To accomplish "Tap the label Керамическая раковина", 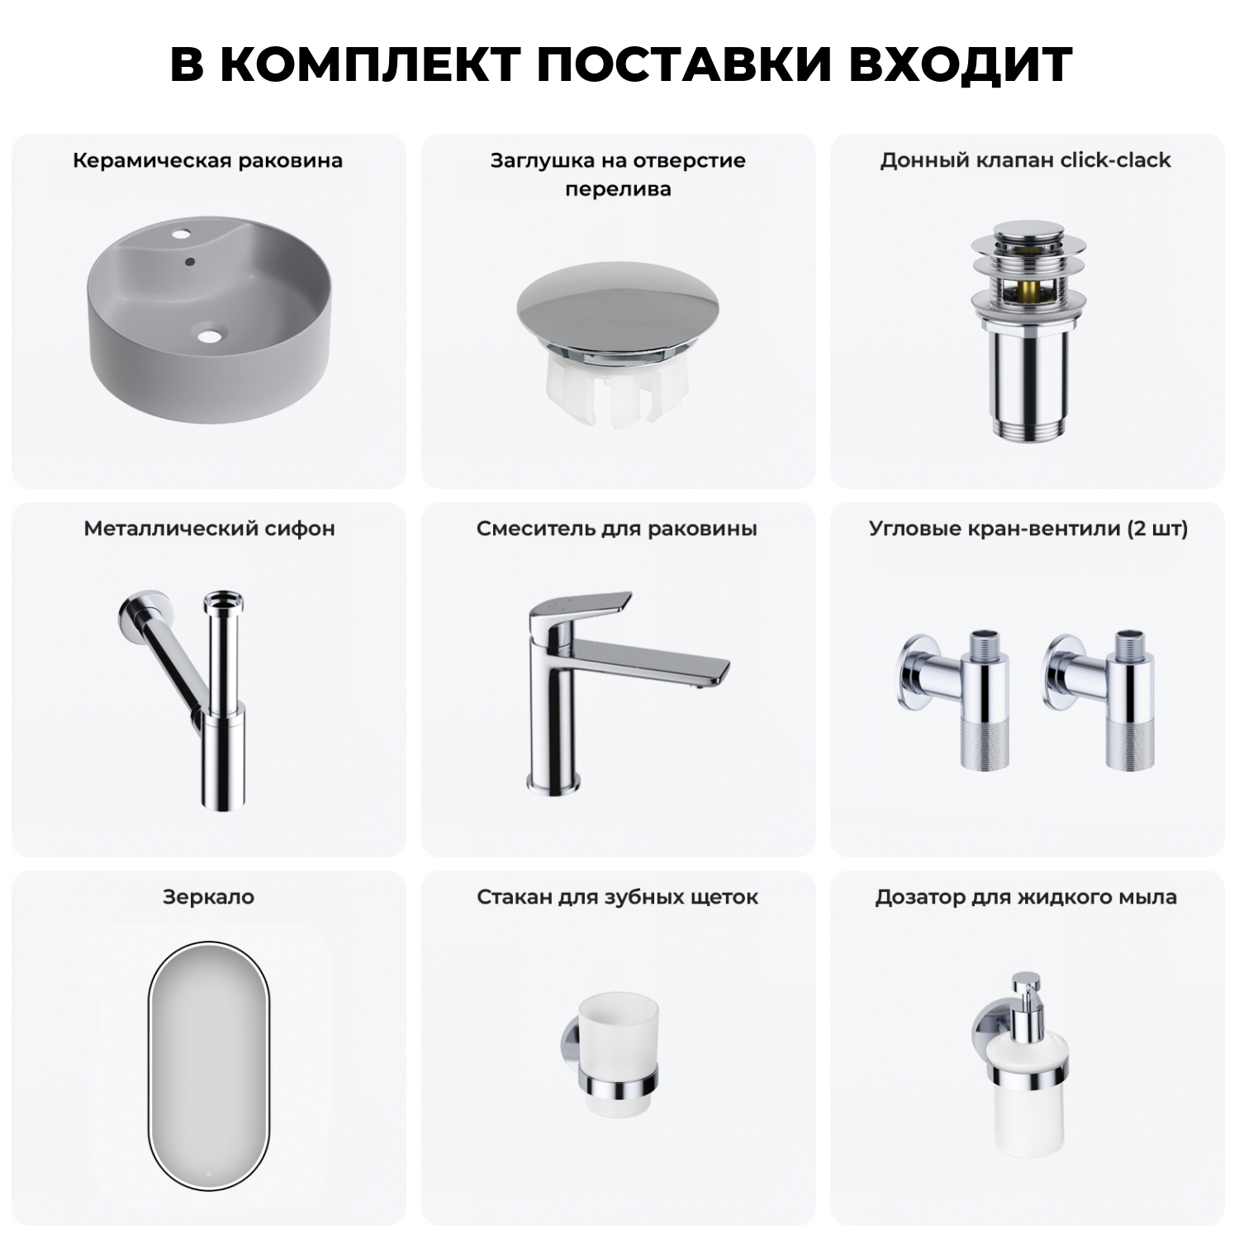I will [x=207, y=160].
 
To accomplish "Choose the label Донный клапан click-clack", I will [x=1025, y=160].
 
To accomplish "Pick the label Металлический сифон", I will [x=209, y=529].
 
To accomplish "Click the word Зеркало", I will [x=208, y=897].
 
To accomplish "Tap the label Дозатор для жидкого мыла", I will [x=1026, y=897].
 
